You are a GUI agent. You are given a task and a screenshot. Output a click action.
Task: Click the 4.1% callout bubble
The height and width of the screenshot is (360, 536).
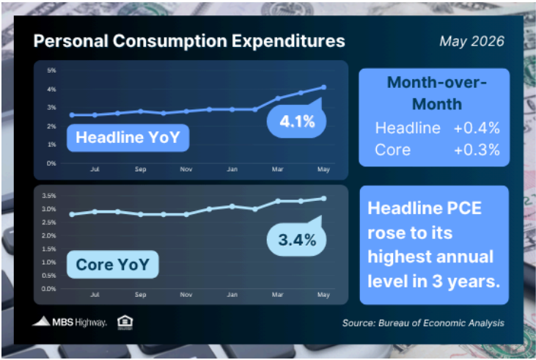tap(296, 121)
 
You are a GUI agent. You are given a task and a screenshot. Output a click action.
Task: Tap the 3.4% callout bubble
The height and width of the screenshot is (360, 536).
tap(296, 239)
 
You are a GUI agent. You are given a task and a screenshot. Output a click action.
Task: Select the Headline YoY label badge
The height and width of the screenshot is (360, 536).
tap(128, 137)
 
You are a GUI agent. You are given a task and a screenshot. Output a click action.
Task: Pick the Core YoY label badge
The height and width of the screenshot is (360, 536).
tap(112, 264)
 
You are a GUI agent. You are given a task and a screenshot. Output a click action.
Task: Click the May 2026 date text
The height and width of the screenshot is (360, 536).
tap(471, 41)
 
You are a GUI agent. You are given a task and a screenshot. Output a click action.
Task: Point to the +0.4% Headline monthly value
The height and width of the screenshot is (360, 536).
tap(477, 128)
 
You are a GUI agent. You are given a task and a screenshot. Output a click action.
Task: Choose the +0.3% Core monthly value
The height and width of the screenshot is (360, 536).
tap(477, 150)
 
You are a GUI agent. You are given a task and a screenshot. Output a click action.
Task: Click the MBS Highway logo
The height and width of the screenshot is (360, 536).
tap(70, 322)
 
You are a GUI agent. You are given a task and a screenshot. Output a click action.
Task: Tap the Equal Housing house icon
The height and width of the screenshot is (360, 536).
tap(125, 322)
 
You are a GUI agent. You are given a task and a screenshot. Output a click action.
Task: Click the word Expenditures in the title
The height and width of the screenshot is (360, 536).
tap(288, 41)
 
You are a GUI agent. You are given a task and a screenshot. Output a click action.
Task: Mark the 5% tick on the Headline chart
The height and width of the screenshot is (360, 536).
tap(51, 70)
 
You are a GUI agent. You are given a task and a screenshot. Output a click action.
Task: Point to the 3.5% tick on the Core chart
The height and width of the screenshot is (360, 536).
tap(49, 196)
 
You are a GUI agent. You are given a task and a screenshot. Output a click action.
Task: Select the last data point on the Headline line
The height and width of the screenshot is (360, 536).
tap(323, 87)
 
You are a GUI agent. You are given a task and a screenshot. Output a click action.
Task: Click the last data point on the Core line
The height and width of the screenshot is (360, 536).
tap(323, 199)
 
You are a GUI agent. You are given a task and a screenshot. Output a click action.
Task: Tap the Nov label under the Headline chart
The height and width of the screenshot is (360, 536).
tap(186, 169)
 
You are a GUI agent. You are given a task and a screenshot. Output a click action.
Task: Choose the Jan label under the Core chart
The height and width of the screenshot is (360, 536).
tap(232, 295)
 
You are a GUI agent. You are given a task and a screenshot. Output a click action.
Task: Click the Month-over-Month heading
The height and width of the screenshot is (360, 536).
tap(436, 93)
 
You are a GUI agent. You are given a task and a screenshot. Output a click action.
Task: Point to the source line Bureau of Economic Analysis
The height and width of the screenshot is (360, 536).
tap(423, 323)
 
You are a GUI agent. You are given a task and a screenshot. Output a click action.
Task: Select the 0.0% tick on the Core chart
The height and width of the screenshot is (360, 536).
tap(49, 289)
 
